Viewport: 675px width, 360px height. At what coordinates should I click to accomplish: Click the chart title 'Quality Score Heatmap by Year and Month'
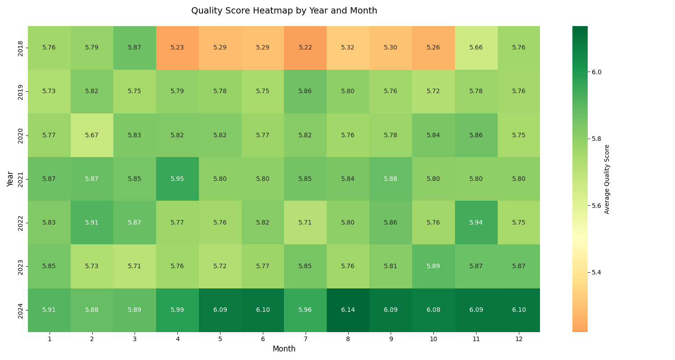click(284, 11)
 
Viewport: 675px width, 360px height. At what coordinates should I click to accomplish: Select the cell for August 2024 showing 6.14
click(348, 310)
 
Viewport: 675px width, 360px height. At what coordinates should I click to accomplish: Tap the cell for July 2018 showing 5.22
click(305, 48)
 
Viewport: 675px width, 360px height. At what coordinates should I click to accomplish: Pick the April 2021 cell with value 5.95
click(177, 179)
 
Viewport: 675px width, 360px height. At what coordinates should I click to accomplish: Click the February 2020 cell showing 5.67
click(92, 135)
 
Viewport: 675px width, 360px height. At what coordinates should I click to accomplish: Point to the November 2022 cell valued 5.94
click(476, 223)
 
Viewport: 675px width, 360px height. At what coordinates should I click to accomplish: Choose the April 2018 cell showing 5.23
click(177, 48)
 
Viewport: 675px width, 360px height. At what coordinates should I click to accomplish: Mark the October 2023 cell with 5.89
click(433, 266)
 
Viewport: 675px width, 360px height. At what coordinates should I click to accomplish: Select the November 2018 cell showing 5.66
click(476, 48)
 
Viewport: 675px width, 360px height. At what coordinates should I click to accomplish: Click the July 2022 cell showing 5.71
click(305, 223)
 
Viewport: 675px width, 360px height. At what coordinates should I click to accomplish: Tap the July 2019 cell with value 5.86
click(305, 91)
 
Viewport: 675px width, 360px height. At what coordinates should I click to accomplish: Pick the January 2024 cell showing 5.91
click(49, 310)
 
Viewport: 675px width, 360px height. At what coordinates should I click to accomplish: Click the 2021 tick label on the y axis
click(21, 179)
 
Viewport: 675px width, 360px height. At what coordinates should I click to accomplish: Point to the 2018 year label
click(21, 48)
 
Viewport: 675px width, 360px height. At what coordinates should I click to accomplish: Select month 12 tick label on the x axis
click(518, 339)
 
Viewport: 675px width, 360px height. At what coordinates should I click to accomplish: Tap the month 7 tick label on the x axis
click(305, 339)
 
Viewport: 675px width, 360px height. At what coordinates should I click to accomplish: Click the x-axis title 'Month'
click(284, 349)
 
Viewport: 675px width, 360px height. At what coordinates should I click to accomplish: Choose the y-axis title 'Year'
click(10, 179)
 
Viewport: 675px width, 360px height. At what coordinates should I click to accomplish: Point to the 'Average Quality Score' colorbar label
click(607, 179)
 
